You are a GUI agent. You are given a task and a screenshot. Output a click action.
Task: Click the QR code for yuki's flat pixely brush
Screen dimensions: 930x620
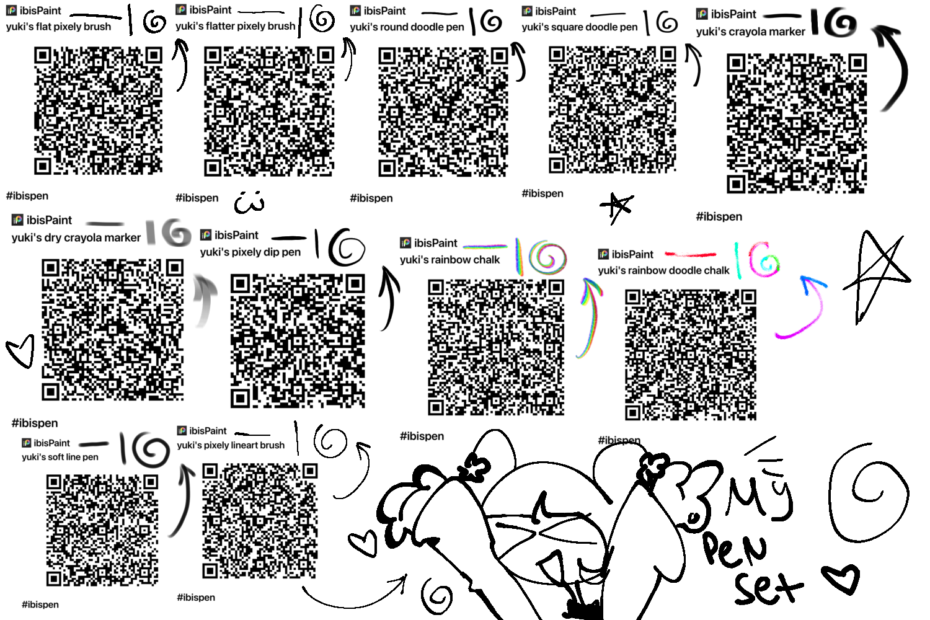[98, 110]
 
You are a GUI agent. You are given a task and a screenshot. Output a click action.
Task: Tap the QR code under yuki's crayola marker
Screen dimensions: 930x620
[797, 123]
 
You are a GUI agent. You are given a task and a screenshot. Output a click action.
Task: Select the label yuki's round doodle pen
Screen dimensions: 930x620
[407, 27]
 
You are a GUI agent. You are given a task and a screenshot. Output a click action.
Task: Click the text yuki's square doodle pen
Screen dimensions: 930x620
[580, 27]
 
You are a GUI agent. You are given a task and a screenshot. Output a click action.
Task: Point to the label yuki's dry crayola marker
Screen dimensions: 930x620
[76, 237]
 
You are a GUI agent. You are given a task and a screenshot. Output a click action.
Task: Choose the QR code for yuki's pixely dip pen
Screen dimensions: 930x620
[298, 340]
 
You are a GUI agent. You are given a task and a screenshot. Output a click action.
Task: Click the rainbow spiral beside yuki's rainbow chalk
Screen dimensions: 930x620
[547, 257]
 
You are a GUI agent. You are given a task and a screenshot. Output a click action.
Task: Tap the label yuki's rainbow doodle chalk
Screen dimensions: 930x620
[663, 270]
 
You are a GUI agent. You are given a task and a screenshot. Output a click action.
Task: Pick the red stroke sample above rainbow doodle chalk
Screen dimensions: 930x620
[691, 254]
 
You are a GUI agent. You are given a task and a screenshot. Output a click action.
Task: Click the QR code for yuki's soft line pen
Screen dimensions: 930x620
[102, 530]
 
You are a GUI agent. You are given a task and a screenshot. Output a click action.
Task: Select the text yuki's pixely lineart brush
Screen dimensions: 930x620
[231, 445]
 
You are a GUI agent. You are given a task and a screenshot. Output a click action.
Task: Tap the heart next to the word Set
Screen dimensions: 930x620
[841, 578]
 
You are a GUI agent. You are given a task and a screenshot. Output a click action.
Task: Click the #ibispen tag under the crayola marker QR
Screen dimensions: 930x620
[719, 217]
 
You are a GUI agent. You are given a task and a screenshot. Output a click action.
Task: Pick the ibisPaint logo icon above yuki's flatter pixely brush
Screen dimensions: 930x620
[181, 9]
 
